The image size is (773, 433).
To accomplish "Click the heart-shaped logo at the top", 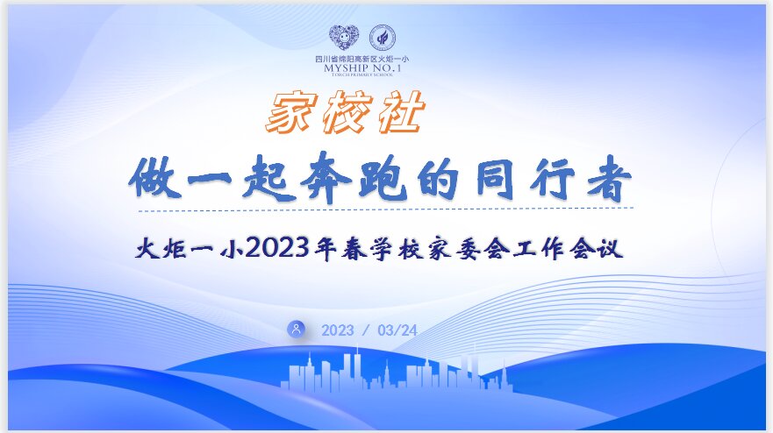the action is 344,38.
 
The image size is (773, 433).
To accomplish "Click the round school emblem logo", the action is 382,38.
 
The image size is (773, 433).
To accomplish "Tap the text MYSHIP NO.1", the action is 362,68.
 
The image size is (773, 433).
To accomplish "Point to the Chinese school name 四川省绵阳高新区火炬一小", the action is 362,59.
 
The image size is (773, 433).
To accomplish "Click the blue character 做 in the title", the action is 155,178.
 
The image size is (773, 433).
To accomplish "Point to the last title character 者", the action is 609,178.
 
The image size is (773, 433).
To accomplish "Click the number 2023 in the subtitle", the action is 277,247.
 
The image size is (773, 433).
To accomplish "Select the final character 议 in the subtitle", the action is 611,248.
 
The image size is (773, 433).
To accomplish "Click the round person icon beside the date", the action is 297,329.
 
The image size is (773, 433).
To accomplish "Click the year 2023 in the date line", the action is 338,330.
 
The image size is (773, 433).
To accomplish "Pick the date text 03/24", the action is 397,330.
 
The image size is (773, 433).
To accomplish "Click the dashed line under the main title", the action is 386,209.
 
